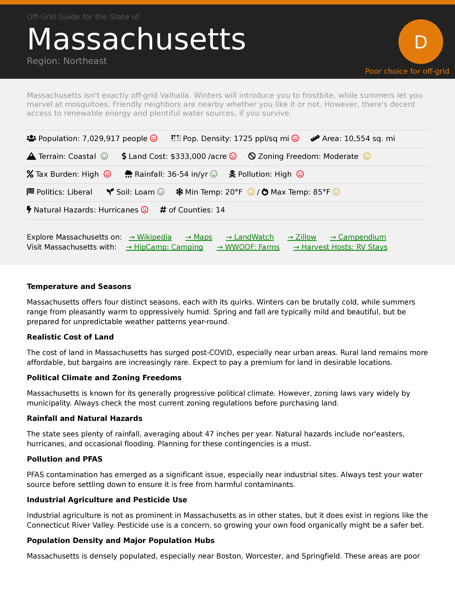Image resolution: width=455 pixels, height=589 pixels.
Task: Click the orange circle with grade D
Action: [421, 42]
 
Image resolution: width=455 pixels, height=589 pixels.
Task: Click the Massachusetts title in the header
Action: [136, 39]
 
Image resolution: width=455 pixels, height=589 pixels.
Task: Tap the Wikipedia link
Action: [150, 237]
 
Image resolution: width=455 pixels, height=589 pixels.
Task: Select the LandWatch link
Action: [250, 237]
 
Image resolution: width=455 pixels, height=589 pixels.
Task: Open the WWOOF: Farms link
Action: [248, 247]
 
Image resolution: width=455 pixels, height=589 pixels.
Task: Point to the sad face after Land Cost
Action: [233, 156]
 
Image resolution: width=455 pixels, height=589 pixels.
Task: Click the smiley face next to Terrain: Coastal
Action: [104, 156]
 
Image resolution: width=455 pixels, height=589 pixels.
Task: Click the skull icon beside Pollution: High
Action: [232, 174]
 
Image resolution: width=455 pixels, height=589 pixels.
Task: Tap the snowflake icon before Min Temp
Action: [180, 192]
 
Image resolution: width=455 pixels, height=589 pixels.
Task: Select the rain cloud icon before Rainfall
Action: [129, 174]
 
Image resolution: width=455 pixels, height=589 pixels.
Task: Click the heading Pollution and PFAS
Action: [65, 459]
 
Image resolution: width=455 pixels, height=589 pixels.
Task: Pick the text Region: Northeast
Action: [67, 61]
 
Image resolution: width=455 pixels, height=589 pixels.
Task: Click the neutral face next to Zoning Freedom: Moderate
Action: [367, 156]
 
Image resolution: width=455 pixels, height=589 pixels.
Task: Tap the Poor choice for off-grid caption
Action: [407, 71]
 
